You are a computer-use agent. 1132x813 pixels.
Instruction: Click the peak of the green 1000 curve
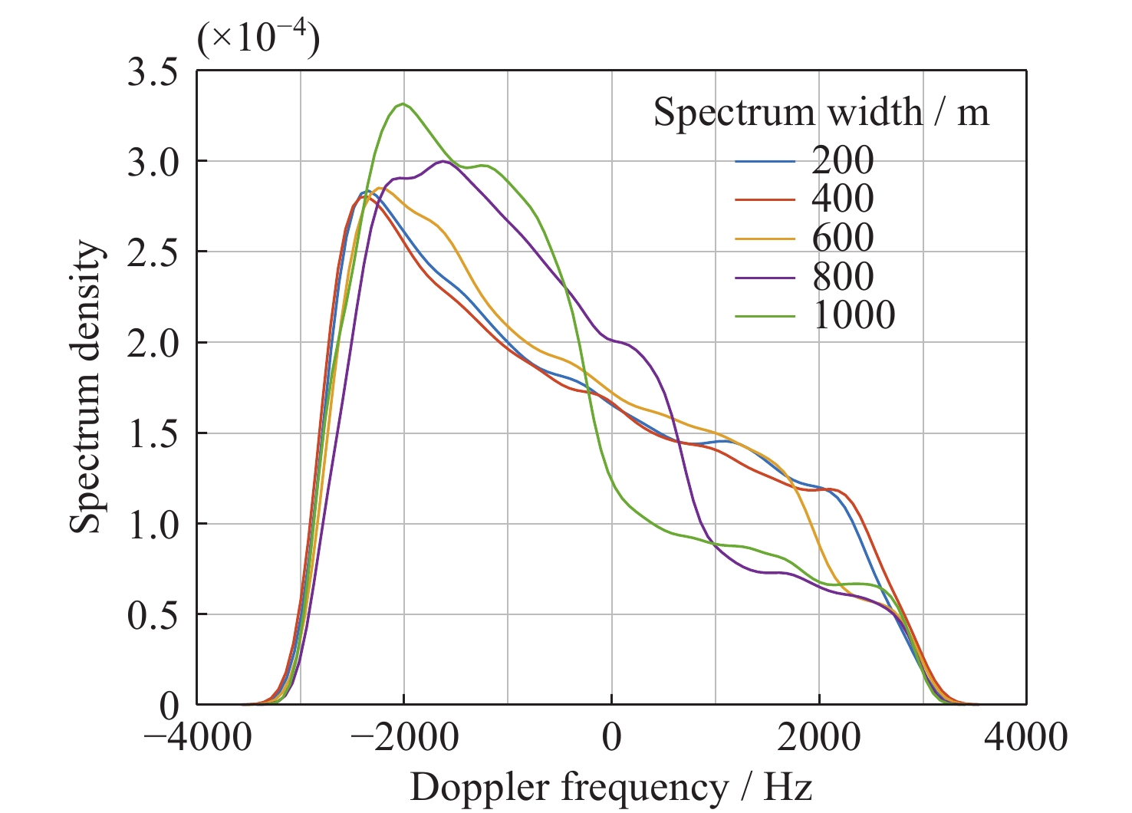click(x=403, y=104)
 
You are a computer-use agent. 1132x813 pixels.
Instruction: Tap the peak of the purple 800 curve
click(x=443, y=161)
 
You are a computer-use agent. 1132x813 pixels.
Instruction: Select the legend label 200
click(x=842, y=160)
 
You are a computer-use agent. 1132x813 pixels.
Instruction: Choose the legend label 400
click(x=842, y=199)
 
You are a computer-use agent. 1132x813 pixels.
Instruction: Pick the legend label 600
click(x=842, y=237)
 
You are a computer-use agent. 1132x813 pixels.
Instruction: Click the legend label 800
click(x=842, y=276)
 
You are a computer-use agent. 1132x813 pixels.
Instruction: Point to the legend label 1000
click(x=854, y=314)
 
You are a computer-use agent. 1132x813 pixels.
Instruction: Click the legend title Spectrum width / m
click(x=821, y=113)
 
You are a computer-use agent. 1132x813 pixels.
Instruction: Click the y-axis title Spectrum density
click(x=86, y=387)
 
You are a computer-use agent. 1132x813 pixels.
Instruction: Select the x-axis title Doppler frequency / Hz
click(x=610, y=787)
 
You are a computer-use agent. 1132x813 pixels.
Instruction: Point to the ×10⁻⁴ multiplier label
click(x=258, y=38)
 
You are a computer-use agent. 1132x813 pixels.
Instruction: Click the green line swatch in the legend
click(x=765, y=315)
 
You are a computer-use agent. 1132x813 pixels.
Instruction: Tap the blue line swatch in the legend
click(x=765, y=161)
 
